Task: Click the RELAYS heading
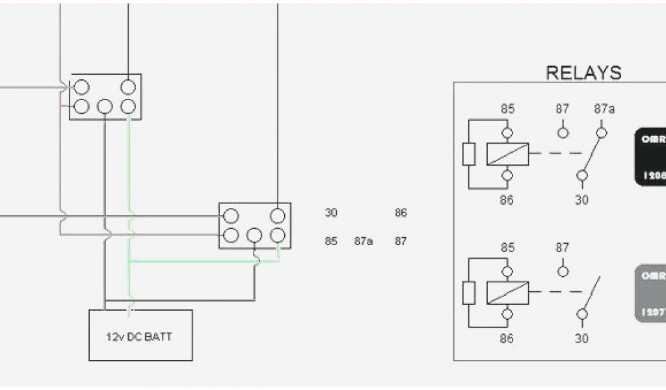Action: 583,72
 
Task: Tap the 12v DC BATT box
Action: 140,335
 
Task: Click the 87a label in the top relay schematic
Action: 604,109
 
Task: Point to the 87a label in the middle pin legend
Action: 364,241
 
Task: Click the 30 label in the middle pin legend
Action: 331,213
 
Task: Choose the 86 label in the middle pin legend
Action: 401,213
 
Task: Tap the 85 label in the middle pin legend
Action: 331,241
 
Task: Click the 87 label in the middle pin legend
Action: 401,241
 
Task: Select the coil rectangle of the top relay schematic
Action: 507,154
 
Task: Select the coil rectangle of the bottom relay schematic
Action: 507,292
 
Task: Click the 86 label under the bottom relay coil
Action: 507,338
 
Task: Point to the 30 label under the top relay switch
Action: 581,200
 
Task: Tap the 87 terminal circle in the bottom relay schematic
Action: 563,271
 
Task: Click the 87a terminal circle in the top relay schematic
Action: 603,133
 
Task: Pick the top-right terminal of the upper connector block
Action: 129,86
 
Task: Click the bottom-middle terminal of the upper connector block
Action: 105,106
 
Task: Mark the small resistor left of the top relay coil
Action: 470,155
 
